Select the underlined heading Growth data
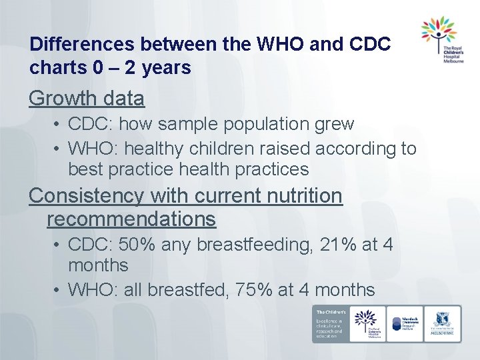pos(87,99)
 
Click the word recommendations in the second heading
pos(131,219)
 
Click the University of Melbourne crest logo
pos(442,323)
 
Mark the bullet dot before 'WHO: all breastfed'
pos(59,291)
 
